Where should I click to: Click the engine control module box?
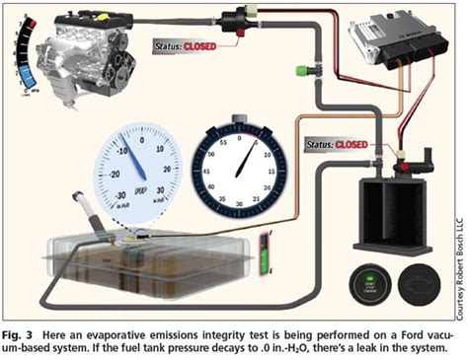[x=391, y=38]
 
